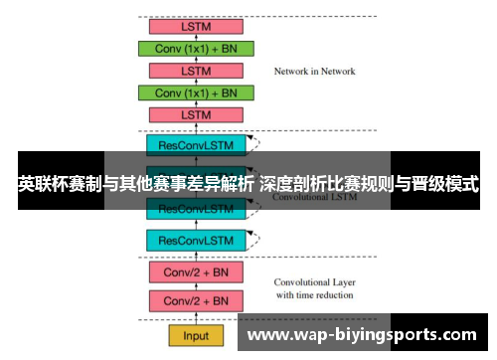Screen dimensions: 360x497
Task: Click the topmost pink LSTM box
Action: pos(196,26)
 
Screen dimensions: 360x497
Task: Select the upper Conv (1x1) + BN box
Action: pos(196,48)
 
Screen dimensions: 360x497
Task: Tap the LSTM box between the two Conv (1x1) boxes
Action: pos(196,71)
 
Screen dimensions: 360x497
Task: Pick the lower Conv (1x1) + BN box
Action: pos(196,92)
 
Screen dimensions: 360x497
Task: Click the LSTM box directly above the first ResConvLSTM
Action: pos(196,115)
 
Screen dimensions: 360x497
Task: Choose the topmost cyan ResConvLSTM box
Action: pos(196,145)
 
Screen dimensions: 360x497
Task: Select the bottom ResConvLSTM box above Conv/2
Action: pos(196,240)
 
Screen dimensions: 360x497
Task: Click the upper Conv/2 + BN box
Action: pos(196,270)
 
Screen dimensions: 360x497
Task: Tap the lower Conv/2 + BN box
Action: pos(196,300)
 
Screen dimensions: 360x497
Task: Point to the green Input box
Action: pos(196,336)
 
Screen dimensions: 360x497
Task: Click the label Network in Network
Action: pos(314,72)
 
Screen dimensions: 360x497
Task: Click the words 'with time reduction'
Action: pos(314,295)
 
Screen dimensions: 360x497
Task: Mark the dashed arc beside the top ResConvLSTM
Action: pos(255,144)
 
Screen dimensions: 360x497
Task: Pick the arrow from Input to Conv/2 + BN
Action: pos(196,318)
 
